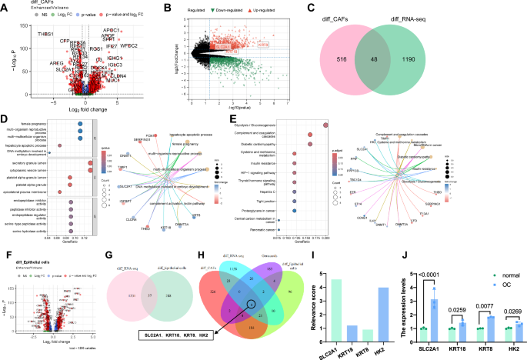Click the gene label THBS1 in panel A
pos(45,35)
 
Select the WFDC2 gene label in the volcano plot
pos(127,46)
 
